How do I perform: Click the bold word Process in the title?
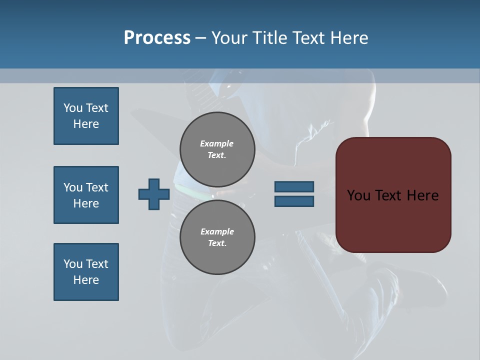tap(157, 37)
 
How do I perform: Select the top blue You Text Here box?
tap(86, 116)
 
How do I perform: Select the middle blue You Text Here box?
tap(86, 195)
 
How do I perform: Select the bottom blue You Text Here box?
tap(86, 272)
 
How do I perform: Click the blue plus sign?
tap(154, 194)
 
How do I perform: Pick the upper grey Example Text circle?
tap(217, 149)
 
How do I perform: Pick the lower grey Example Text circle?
tap(217, 237)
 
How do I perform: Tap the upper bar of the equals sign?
tap(294, 186)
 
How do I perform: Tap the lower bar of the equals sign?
tap(294, 201)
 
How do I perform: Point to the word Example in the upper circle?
tap(217, 143)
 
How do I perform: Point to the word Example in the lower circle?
tap(217, 231)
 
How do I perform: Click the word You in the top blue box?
tap(72, 108)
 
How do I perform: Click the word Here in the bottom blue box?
tap(86, 280)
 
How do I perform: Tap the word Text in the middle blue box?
tap(97, 187)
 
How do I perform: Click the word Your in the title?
tap(228, 37)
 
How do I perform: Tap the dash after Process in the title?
tap(201, 38)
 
